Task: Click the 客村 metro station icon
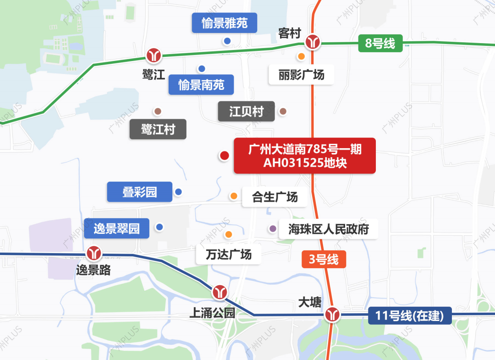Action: [313, 42]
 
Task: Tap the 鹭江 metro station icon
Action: [154, 55]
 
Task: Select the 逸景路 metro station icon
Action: [95, 253]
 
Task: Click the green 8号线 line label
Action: [380, 44]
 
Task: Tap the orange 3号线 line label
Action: [324, 260]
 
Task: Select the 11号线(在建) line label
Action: [410, 316]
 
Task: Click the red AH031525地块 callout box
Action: [305, 156]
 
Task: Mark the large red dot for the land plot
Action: [224, 156]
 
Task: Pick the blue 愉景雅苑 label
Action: [225, 23]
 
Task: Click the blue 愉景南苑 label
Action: [201, 85]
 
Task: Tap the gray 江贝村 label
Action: [247, 111]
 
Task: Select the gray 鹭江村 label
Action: [158, 129]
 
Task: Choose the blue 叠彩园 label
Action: [140, 192]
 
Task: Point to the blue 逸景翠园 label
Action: [117, 228]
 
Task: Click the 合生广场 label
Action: [275, 197]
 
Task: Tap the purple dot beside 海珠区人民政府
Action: [273, 228]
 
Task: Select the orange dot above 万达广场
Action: [228, 235]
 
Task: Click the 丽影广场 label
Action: [301, 74]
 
